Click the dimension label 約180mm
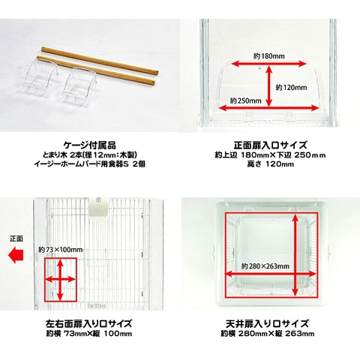[x=269, y=56]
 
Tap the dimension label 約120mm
[x=291, y=88]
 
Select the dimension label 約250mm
[x=246, y=100]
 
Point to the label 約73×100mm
[x=60, y=250]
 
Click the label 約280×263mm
[x=265, y=266]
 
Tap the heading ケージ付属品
[x=90, y=145]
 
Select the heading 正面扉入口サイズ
[x=270, y=145]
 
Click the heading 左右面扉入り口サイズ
[x=88, y=323]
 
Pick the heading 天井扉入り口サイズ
[x=267, y=323]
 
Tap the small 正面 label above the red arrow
[x=16, y=239]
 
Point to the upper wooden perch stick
[x=100, y=60]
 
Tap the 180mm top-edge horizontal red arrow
[x=269, y=64]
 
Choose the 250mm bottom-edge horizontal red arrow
[x=269, y=108]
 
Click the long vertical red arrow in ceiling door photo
[x=295, y=255]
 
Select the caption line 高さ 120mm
[x=270, y=164]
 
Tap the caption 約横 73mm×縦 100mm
[x=88, y=334]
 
